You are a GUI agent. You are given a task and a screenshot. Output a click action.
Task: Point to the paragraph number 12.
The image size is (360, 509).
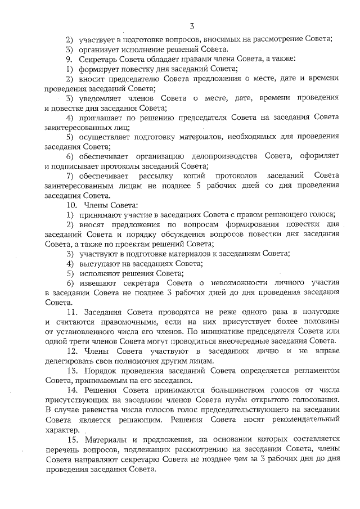click(x=71, y=350)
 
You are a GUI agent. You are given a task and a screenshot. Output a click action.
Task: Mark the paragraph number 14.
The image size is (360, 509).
click(x=71, y=389)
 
